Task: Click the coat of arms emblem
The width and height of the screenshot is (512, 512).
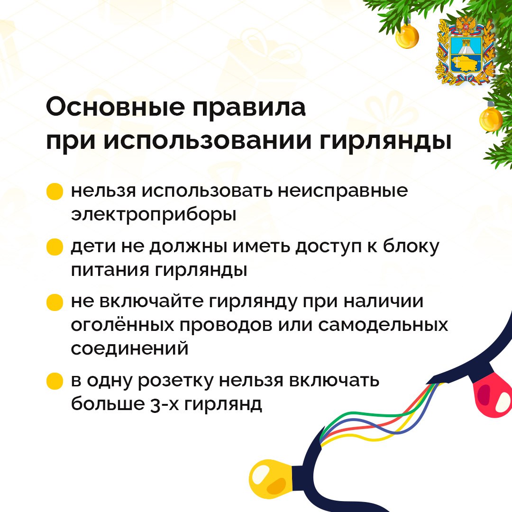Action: (466, 51)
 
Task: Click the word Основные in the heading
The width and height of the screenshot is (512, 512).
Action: (116, 107)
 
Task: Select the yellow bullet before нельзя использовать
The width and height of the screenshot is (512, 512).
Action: (55, 192)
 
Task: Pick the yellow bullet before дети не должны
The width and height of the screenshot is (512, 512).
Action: (55, 247)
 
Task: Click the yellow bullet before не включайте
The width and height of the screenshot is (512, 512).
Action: (55, 302)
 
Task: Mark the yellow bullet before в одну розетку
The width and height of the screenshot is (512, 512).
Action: (55, 381)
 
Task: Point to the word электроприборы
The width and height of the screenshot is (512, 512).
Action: (154, 215)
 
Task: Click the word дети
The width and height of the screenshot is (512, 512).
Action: (94, 247)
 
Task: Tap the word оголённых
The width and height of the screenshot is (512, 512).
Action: (122, 325)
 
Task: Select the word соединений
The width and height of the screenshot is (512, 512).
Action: (129, 349)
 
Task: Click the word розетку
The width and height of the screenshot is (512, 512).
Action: (175, 381)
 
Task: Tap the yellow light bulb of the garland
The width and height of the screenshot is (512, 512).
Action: (272, 477)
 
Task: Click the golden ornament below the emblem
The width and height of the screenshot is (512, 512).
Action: (491, 118)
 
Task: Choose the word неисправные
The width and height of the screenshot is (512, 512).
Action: (343, 192)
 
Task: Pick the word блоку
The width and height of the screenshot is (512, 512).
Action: (411, 247)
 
